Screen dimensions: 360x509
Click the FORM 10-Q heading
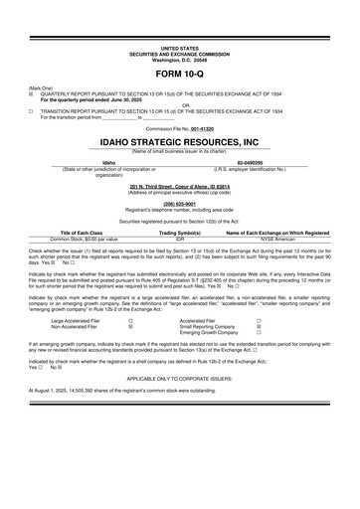179,75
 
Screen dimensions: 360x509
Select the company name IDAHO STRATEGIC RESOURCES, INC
179,142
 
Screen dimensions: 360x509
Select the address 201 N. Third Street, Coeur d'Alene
179,184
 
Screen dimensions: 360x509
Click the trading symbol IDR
180,239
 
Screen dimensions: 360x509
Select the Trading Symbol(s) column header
180,232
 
